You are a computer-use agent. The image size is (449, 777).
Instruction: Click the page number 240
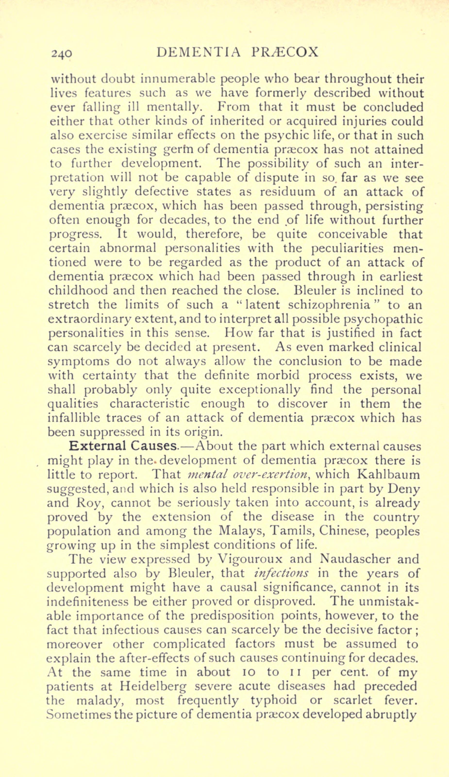click(x=62, y=53)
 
